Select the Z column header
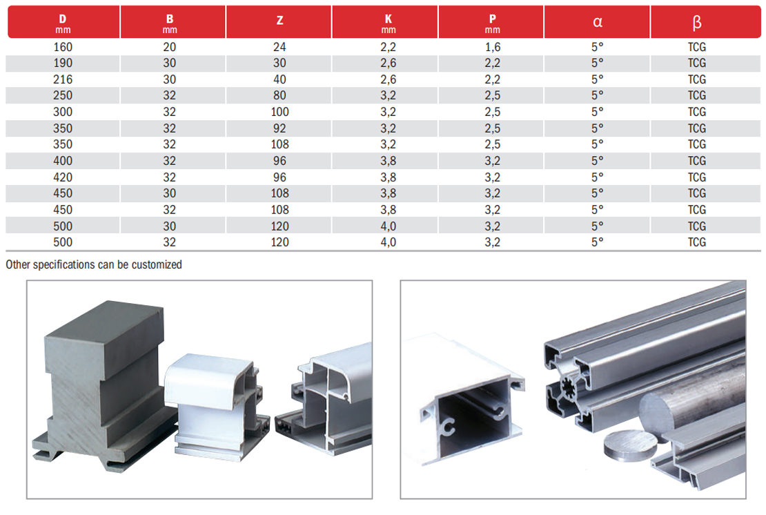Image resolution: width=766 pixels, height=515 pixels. (279, 21)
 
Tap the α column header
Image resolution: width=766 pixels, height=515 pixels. (598, 21)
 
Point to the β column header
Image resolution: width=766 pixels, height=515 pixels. (697, 21)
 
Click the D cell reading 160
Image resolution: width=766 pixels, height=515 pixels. (63, 47)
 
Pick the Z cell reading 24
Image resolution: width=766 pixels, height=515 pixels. (279, 47)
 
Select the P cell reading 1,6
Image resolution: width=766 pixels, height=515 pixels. (492, 47)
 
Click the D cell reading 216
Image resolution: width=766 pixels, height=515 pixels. (63, 79)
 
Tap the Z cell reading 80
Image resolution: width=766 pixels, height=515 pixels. (279, 95)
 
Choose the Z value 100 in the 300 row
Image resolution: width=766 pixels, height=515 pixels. (279, 112)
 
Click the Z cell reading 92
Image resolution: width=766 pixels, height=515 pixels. (279, 128)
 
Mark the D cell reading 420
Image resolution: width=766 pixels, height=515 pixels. (63, 177)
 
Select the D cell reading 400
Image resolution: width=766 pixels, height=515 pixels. (63, 161)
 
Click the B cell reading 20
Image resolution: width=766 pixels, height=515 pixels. (170, 47)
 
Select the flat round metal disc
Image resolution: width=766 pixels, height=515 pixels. (630, 445)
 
